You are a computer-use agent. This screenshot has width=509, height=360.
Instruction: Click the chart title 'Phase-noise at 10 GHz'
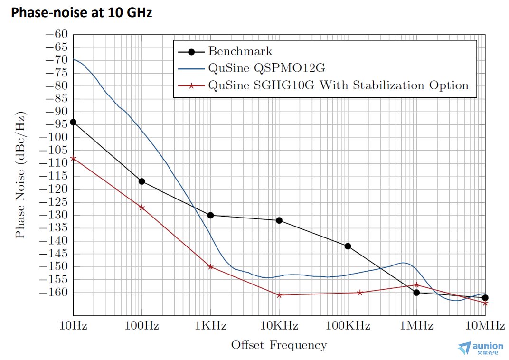coord(81,12)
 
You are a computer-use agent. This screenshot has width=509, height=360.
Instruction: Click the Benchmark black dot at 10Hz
coord(73,122)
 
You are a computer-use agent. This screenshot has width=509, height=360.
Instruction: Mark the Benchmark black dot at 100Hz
coord(141,181)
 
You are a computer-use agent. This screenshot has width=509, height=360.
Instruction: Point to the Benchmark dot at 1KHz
coord(210,215)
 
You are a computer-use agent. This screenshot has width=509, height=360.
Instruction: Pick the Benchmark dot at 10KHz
coord(279,220)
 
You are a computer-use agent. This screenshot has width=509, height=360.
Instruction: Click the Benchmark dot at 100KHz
coord(348,246)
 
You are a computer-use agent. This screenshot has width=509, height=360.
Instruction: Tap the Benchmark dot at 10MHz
coord(485,298)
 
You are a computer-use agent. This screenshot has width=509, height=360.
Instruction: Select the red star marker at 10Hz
coord(73,158)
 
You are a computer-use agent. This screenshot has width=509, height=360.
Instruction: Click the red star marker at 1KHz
coord(210,267)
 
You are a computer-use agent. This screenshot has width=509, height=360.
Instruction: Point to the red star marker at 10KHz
coord(279,295)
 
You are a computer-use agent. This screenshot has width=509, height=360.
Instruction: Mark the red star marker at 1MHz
coord(416,285)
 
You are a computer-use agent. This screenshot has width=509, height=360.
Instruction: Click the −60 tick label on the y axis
coord(57,34)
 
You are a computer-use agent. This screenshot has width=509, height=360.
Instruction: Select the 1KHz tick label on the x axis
coord(210,326)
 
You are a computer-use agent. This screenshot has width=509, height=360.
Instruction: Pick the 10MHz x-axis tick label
coord(484,326)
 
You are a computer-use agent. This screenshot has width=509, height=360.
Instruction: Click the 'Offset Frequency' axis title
coord(279,345)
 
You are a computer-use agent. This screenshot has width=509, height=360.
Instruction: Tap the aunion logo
coord(480,348)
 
